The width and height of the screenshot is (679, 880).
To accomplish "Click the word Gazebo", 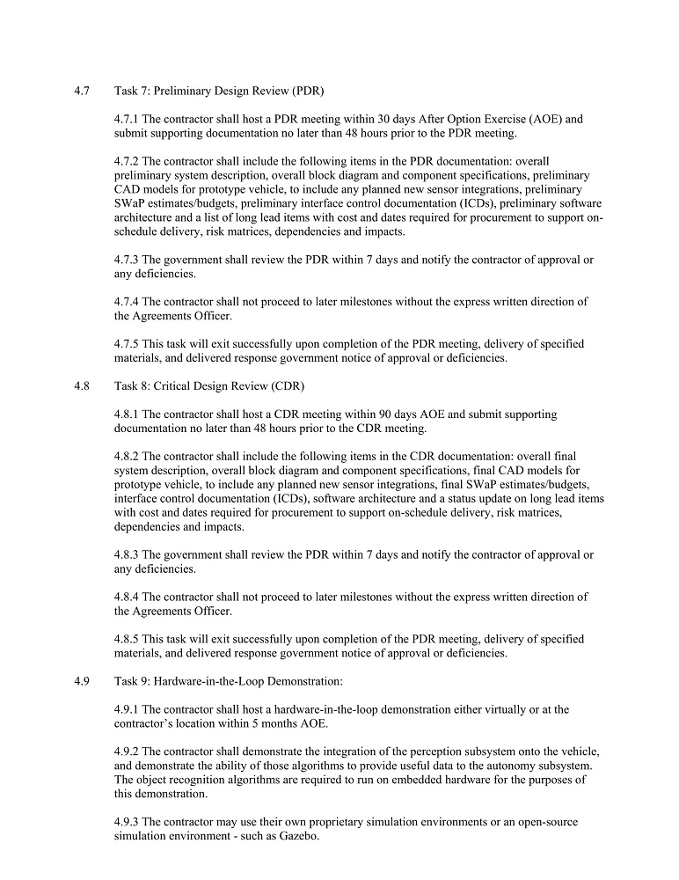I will click(297, 836).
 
